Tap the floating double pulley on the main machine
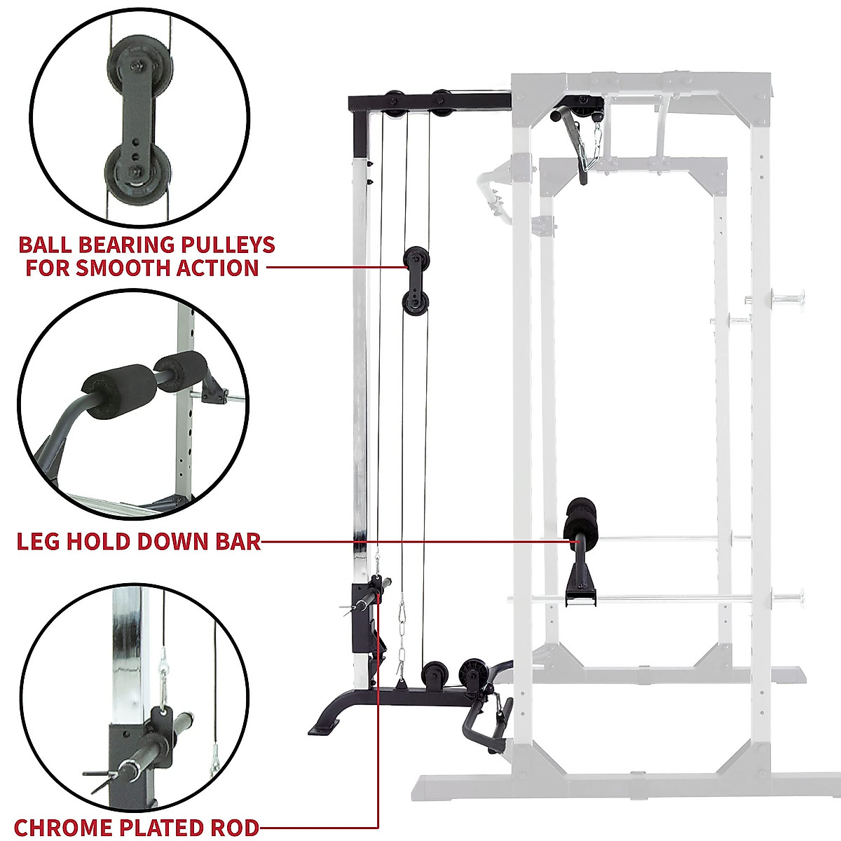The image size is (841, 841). [x=416, y=281]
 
